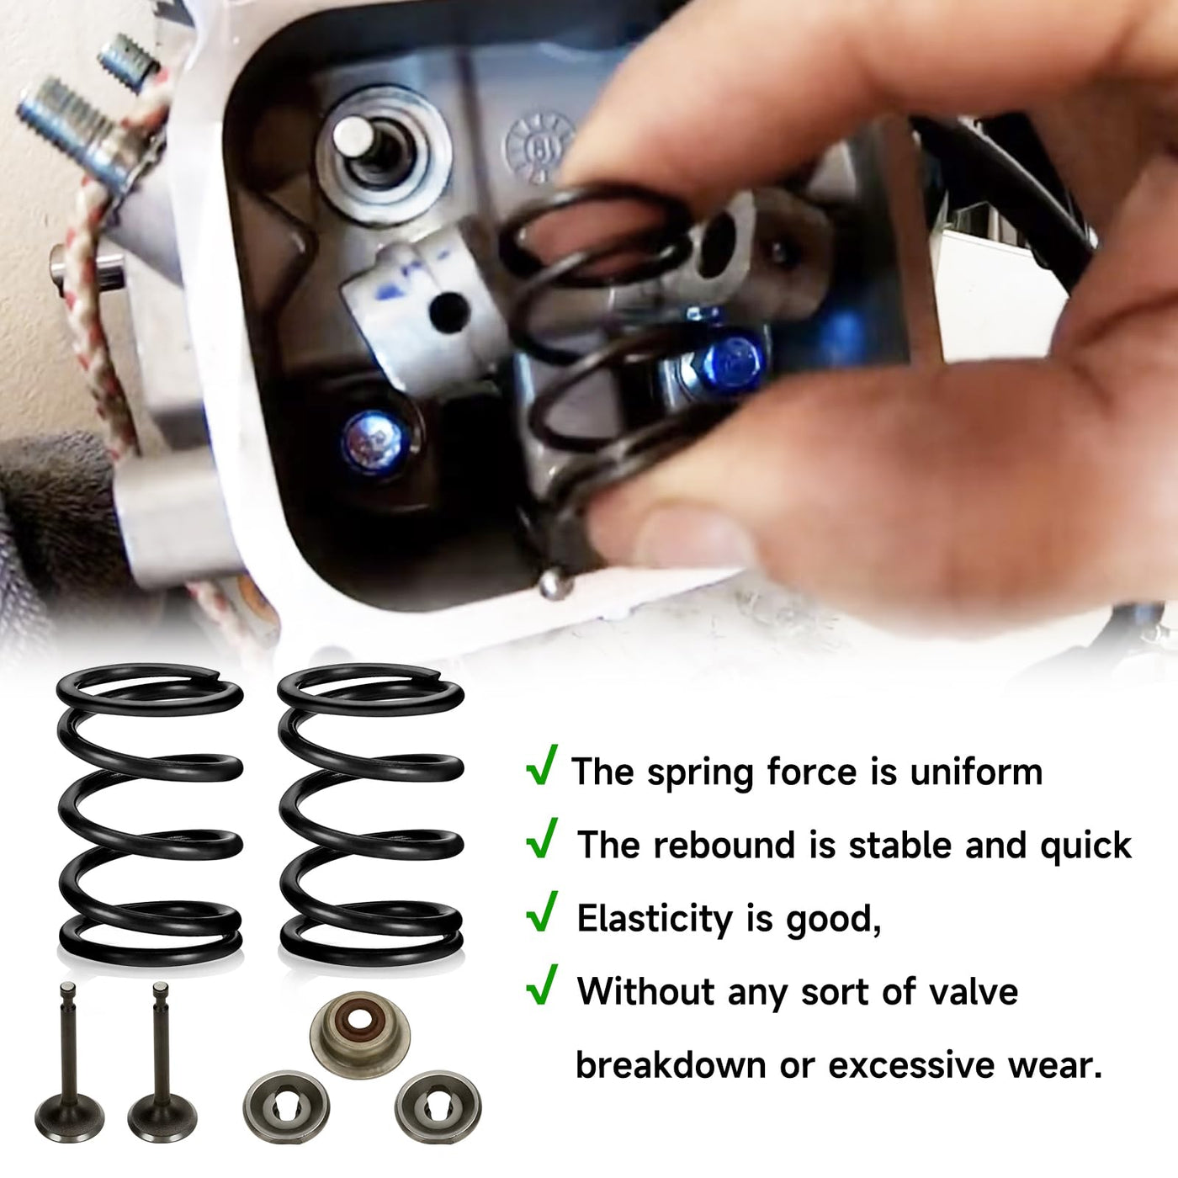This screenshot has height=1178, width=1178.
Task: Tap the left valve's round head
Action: point(69,1121)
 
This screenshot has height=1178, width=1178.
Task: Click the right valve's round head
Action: point(162,1121)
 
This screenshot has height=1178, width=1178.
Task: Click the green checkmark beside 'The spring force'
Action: point(542,766)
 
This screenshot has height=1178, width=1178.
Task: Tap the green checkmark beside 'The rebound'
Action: point(542,839)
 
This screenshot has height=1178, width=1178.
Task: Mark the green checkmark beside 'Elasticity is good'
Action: point(542,912)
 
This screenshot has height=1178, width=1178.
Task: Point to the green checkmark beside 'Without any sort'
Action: point(542,985)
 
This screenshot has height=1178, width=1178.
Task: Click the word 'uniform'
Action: point(976,772)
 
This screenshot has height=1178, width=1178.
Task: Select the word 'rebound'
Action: point(725,846)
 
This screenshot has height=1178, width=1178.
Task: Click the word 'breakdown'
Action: point(671,1066)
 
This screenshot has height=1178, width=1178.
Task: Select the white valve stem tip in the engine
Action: point(353,135)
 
